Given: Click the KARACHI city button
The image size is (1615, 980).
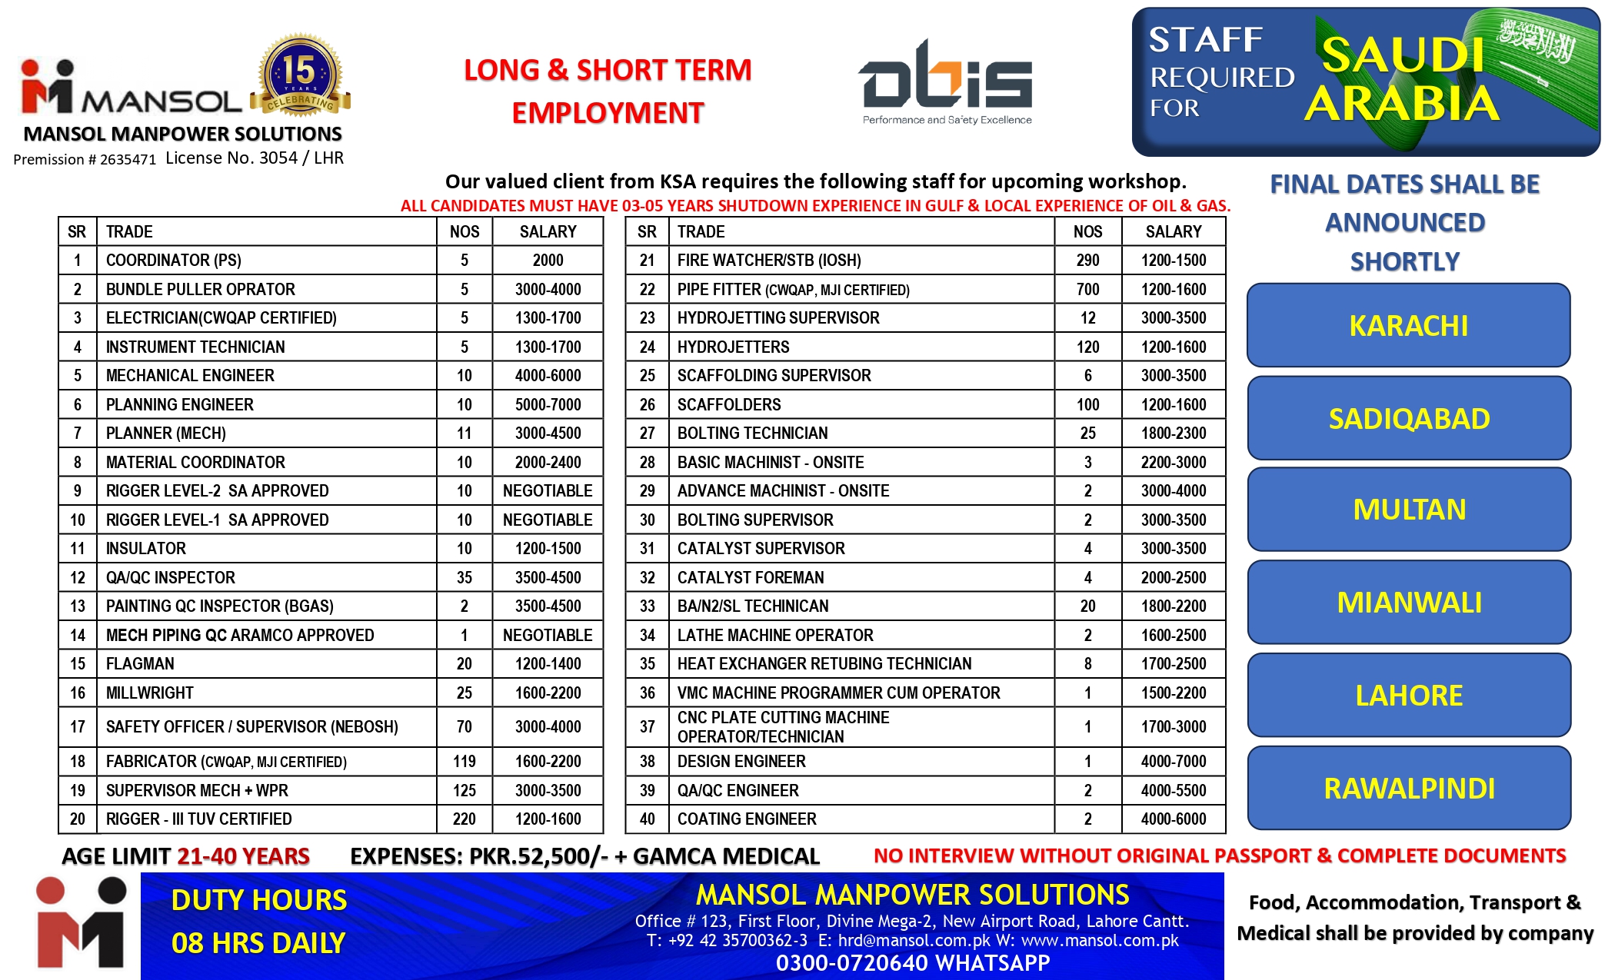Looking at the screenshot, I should coord(1408,326).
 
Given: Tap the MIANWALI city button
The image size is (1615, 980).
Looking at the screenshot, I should coord(1409,603).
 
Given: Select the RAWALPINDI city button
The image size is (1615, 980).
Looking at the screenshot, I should coord(1409,789).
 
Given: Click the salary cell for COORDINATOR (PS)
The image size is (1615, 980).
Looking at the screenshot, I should coord(548,261).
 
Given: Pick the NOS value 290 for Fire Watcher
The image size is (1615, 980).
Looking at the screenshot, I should coord(1087,261).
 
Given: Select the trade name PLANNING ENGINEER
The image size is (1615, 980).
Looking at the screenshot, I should coord(180,405).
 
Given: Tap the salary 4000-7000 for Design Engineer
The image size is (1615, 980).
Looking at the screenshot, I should coord(1173,762).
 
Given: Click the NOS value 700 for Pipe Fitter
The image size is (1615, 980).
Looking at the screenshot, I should coord(1087,290).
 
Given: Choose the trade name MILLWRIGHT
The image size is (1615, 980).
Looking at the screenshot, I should coord(150,693).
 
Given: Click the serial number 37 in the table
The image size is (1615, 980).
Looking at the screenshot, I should coord(647,727).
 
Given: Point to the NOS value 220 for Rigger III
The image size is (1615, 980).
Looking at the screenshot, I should coord(464,819).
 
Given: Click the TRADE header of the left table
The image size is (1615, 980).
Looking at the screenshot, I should coord(129,232).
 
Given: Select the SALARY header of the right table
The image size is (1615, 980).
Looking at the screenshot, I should coord(1173,232).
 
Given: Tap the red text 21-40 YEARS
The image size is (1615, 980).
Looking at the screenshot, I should coord(243,856).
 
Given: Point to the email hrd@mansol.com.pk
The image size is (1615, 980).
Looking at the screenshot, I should coord(914,941).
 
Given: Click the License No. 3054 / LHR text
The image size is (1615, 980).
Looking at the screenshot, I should coord(255,158).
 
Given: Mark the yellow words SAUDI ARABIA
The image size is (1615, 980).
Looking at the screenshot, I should coord(1401,79).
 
